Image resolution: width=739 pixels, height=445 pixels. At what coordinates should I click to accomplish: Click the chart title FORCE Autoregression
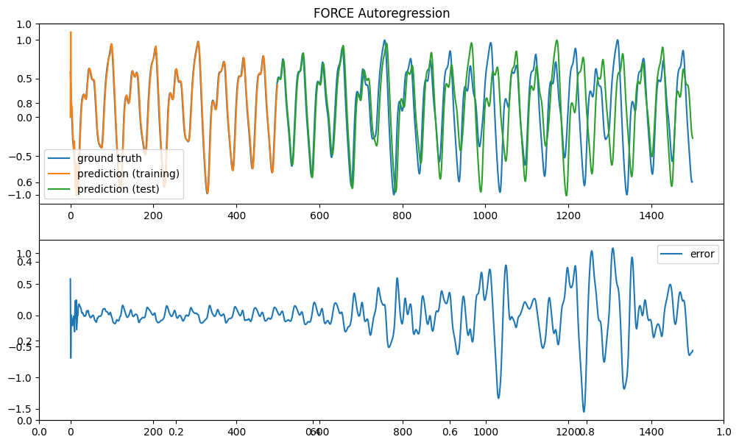(381, 13)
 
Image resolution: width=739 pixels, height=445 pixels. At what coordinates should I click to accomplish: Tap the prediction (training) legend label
(128, 174)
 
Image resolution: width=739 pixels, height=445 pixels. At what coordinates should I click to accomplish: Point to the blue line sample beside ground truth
(60, 159)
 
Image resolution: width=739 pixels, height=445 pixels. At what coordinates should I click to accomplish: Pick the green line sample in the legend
(60, 188)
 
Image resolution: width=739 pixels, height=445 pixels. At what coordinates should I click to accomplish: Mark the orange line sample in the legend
(60, 174)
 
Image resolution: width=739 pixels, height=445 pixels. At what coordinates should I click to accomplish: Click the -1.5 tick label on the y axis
(22, 409)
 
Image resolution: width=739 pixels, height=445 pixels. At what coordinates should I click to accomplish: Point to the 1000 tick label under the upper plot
(486, 216)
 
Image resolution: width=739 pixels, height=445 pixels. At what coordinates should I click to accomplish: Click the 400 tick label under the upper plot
(236, 216)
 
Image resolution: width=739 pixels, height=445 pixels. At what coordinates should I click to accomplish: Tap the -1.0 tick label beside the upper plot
(22, 195)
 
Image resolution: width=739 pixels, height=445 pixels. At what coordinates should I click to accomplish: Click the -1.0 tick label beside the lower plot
(22, 377)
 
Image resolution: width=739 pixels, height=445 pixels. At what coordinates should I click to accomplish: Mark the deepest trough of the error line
(584, 412)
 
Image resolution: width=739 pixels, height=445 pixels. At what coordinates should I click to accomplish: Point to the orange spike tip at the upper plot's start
(71, 32)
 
